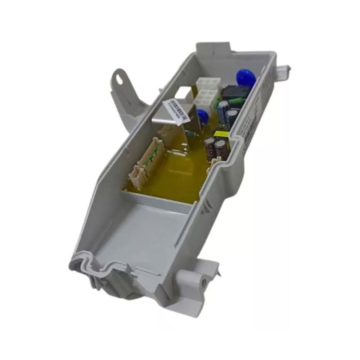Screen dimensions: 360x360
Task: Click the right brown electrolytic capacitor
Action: (220, 148)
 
